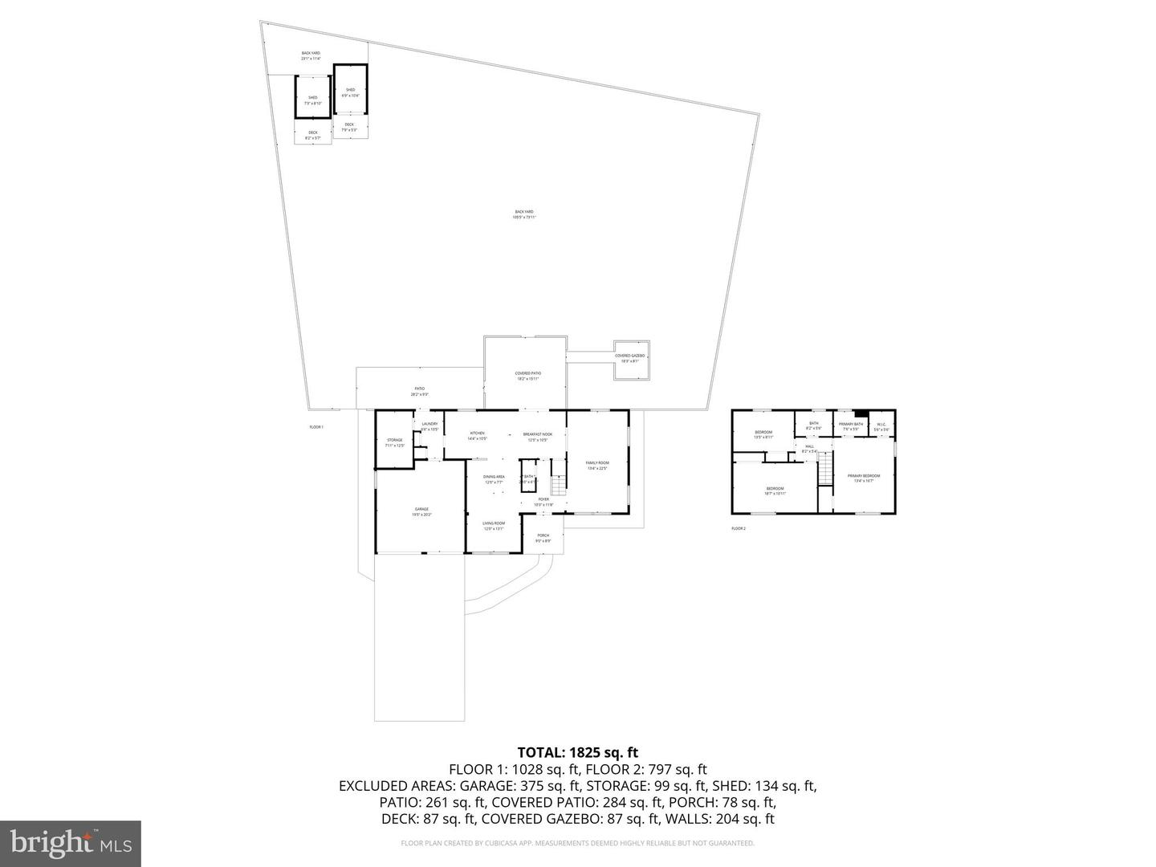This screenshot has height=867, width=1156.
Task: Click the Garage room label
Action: click(421, 511)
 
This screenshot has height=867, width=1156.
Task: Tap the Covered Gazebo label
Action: click(629, 358)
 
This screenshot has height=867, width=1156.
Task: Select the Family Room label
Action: click(596, 465)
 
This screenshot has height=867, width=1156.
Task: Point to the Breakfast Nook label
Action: click(538, 437)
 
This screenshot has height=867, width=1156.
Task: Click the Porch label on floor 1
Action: click(543, 538)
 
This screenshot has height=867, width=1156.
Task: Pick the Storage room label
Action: click(394, 442)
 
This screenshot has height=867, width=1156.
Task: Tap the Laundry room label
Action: click(429, 426)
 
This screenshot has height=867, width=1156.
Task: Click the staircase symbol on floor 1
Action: click(558, 485)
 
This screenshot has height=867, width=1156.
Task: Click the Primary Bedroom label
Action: click(864, 478)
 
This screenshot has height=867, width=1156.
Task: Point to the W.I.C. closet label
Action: click(881, 426)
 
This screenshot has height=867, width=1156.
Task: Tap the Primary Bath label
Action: click(851, 426)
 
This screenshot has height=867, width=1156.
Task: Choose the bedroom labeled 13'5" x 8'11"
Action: click(763, 434)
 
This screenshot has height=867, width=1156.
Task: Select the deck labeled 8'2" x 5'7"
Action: click(312, 135)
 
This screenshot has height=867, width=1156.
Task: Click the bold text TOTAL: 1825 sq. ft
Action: click(577, 752)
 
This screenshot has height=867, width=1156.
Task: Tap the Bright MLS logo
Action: click(71, 843)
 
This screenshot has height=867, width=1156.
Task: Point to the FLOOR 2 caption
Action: click(739, 528)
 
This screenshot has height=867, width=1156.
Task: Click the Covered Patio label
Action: click(527, 376)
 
